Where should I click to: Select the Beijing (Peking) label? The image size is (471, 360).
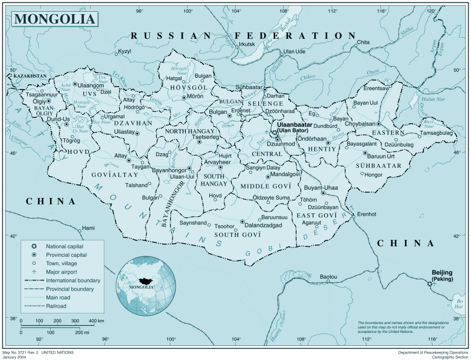(442, 275)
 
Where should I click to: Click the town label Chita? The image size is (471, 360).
(363, 42)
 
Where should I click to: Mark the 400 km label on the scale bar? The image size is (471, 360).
(96, 321)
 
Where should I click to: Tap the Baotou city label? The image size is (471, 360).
(328, 276)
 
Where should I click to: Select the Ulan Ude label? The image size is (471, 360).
(294, 52)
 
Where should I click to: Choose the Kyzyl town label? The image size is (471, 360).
(124, 51)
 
